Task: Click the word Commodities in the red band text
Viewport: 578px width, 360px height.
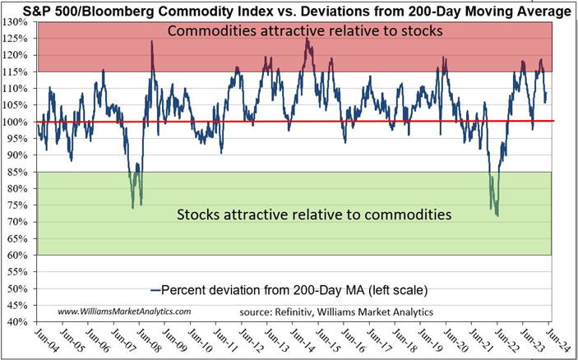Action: coord(207,32)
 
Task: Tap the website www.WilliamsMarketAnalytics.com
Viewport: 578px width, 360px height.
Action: coord(124,312)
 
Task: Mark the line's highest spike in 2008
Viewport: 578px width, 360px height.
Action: coord(152,41)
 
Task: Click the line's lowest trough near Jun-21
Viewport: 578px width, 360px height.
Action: coord(497,215)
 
